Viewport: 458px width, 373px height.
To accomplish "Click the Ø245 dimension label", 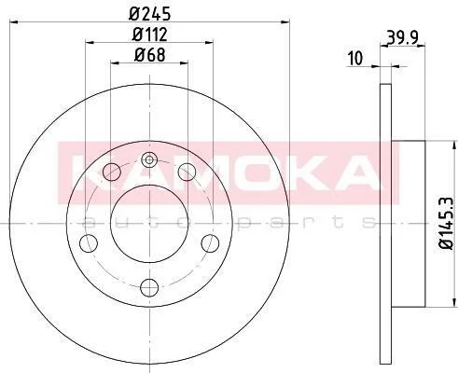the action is (150, 14).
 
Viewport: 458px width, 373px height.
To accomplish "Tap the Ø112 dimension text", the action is (150, 35).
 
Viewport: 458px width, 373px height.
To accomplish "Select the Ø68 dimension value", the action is (150, 55).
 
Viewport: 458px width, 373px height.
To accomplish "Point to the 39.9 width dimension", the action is (402, 37).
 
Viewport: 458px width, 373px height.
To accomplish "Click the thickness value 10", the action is (355, 58).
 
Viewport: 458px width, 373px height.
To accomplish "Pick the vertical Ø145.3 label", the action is (446, 223).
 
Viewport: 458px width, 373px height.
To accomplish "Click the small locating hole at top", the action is (149, 160).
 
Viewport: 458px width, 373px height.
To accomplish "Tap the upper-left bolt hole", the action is (112, 172).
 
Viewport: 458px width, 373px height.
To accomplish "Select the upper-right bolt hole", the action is (187, 172).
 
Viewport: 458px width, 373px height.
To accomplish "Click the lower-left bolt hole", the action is (89, 243).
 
